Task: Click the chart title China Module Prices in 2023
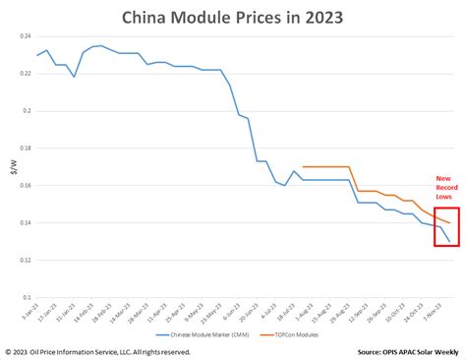point(233,17)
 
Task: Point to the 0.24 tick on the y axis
point(25,36)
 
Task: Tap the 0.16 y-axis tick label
point(25,186)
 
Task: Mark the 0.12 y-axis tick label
point(25,260)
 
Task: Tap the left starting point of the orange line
point(303,167)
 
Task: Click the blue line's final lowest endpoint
point(450,242)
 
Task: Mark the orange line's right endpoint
point(450,223)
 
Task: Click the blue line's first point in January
point(37,55)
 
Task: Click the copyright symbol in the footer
point(8,351)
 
